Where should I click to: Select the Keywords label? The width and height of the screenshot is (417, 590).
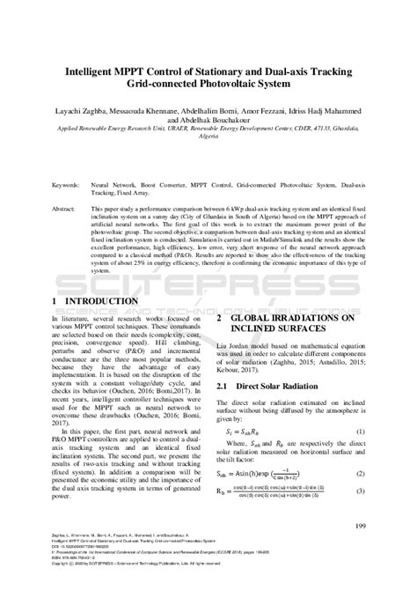(x=68, y=186)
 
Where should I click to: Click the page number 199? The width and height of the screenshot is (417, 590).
(x=359, y=527)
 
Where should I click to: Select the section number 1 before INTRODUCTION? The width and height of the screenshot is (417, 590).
(x=55, y=302)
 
